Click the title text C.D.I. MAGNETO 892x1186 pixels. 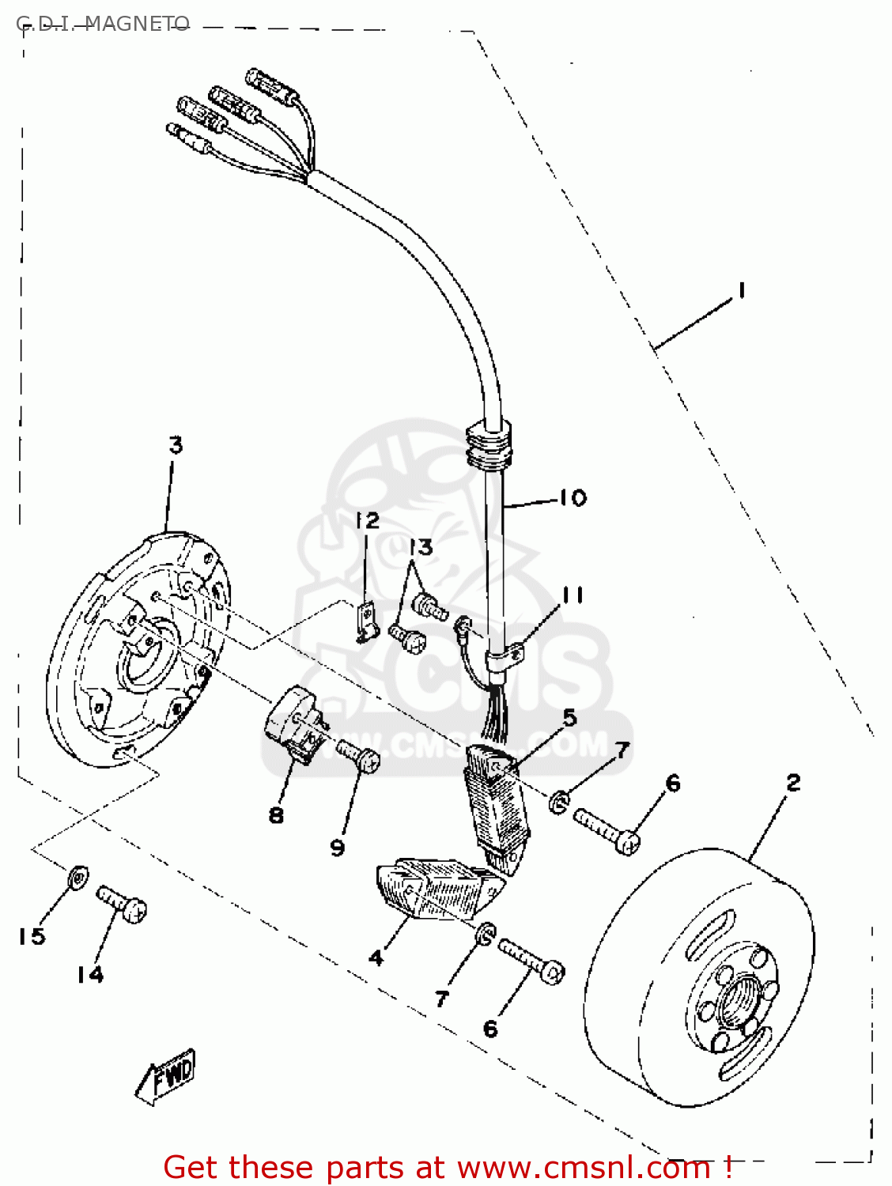(x=103, y=24)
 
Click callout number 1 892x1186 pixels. (x=741, y=291)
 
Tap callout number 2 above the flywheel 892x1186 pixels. (x=793, y=783)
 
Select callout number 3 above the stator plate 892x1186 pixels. (x=176, y=445)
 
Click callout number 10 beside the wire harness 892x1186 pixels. (x=573, y=497)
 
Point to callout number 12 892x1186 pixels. (x=367, y=520)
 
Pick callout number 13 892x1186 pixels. (x=421, y=547)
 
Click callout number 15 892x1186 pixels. (x=32, y=936)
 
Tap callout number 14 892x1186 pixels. (x=90, y=974)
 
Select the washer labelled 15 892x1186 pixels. (x=77, y=876)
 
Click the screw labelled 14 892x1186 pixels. (x=122, y=905)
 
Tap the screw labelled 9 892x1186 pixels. (x=360, y=755)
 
